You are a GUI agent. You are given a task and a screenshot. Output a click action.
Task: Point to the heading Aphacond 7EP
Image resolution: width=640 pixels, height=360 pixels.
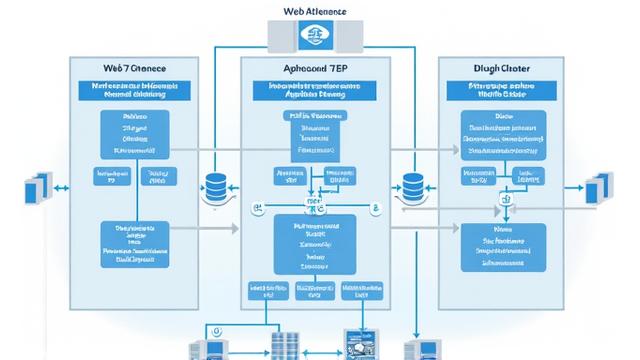315,68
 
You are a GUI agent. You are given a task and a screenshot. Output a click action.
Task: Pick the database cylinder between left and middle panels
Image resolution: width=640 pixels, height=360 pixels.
215,187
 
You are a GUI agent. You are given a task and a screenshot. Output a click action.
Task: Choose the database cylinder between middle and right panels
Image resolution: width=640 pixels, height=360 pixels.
412,187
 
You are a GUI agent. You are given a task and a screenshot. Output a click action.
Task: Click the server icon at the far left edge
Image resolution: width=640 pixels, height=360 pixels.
38,188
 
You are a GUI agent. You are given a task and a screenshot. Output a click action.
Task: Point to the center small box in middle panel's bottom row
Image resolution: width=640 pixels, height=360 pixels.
315,292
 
